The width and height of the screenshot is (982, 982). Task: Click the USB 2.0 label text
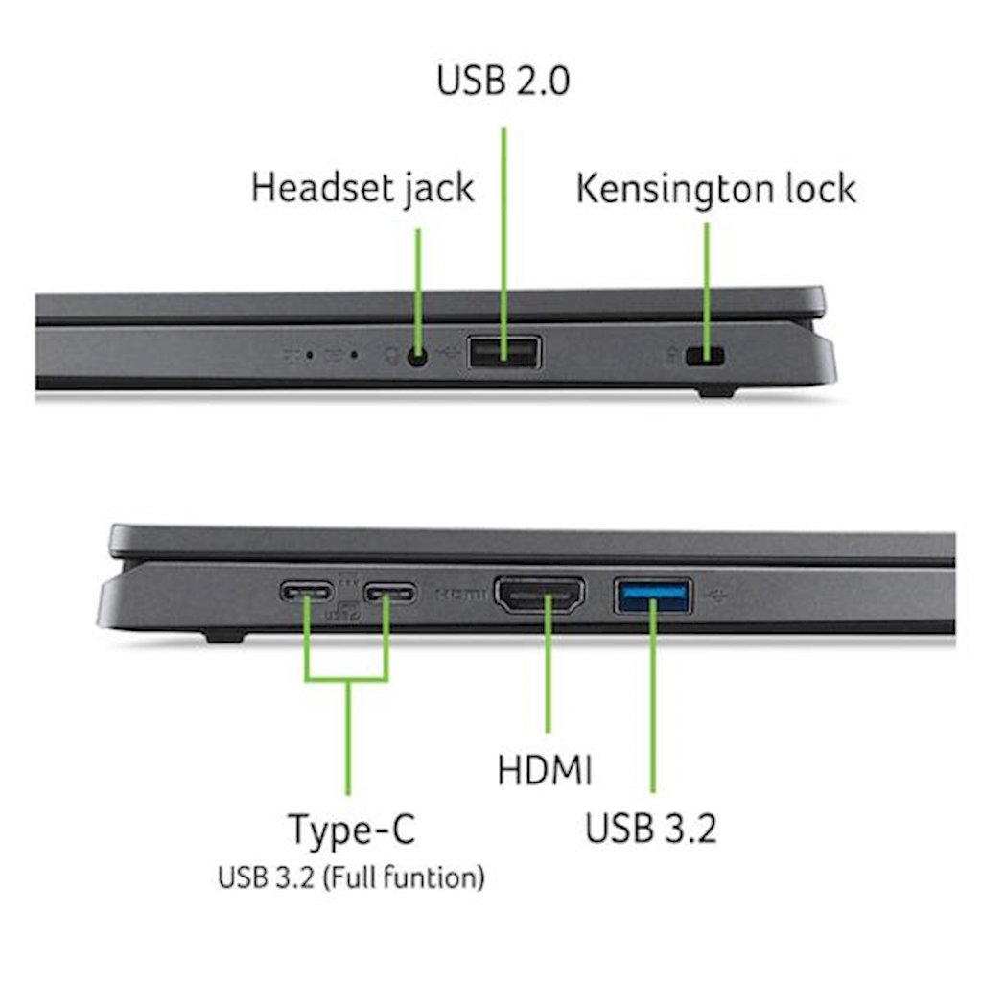(x=503, y=81)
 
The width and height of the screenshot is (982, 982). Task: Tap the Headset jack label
(x=362, y=188)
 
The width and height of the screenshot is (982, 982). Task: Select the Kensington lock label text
(x=715, y=189)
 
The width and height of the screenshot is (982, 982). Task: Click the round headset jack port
(x=418, y=357)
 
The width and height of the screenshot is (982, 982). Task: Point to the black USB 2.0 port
(x=504, y=353)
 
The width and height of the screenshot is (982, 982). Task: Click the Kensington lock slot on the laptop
(x=705, y=357)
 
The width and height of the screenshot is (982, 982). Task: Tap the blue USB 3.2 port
(x=653, y=596)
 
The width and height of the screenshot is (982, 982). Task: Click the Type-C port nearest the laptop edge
(x=306, y=591)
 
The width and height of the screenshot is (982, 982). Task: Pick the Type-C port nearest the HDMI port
(x=390, y=592)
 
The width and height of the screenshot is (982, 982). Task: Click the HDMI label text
(x=545, y=770)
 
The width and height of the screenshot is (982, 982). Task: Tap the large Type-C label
(x=351, y=830)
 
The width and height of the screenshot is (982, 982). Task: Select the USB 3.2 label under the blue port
(x=651, y=828)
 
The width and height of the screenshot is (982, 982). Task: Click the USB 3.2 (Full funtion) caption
(x=351, y=877)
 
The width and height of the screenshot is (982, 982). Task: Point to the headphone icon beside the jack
(x=391, y=357)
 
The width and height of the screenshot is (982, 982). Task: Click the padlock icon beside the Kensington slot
(x=671, y=356)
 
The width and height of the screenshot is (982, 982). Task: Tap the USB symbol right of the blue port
(x=716, y=596)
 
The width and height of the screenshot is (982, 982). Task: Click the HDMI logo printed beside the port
(x=461, y=593)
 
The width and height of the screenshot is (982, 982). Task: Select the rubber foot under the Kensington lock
(x=716, y=392)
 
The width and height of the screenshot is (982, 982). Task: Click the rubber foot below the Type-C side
(x=224, y=638)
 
